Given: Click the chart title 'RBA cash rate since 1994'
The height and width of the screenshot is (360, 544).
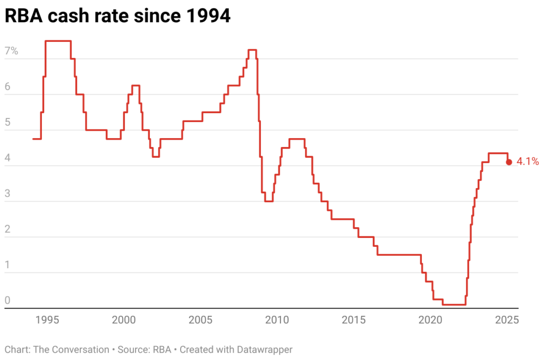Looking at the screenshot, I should click(117, 16).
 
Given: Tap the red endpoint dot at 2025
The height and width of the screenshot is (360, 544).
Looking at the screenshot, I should click(509, 162).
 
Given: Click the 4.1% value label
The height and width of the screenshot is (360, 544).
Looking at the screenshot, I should click(528, 162).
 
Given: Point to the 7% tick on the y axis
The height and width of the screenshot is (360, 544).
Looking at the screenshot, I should click(11, 52).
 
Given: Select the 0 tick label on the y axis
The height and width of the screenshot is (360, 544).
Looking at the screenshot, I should click(7, 301).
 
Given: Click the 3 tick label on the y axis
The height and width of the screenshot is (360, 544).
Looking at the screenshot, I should click(7, 194).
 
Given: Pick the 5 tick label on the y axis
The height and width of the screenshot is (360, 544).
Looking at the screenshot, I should click(7, 123).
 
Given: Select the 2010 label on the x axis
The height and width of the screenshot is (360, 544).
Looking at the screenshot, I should click(277, 320).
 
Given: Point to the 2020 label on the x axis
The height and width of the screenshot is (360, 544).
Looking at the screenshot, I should click(430, 320).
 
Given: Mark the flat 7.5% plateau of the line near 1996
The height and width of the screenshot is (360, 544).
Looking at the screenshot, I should click(58, 41).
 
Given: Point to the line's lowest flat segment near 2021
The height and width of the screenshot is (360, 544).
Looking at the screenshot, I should click(454, 304).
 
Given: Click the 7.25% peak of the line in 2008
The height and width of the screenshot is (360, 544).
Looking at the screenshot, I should click(252, 50).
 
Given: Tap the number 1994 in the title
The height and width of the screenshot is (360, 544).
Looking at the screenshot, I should click(208, 16).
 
